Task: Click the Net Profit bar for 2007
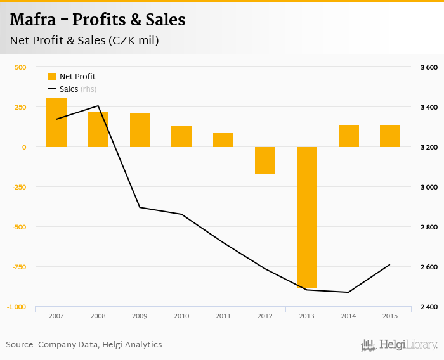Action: click(56, 122)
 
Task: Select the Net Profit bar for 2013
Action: click(306, 217)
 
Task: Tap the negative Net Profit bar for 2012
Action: click(265, 160)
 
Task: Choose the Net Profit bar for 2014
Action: click(348, 136)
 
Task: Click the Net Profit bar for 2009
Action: click(140, 130)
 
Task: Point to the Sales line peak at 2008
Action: click(98, 106)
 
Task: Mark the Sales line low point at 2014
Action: click(348, 292)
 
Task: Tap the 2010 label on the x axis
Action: click(181, 316)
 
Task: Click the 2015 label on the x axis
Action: click(389, 316)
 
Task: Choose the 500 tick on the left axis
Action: click(20, 67)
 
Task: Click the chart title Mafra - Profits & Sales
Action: click(98, 20)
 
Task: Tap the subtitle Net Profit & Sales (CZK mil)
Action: click(84, 41)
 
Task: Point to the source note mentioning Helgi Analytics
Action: click(84, 345)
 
